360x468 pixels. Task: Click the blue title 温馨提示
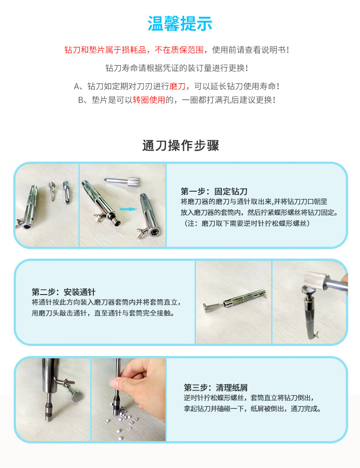(x=180, y=24)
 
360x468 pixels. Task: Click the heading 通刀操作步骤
(x=180, y=146)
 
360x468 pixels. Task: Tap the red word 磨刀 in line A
(x=177, y=86)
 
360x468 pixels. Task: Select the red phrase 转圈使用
(x=149, y=100)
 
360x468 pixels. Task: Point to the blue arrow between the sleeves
(x=128, y=209)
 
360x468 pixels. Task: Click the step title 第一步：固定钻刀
(x=214, y=191)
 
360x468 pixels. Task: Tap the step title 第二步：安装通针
(x=64, y=292)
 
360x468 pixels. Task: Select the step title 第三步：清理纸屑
(x=216, y=387)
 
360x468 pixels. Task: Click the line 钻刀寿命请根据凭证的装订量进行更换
(x=176, y=68)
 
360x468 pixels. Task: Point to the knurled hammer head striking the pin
(x=315, y=281)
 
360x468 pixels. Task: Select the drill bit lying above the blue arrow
(x=122, y=181)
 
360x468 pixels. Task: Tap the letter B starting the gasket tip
(x=81, y=100)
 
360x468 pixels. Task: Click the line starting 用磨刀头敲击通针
(x=103, y=313)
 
